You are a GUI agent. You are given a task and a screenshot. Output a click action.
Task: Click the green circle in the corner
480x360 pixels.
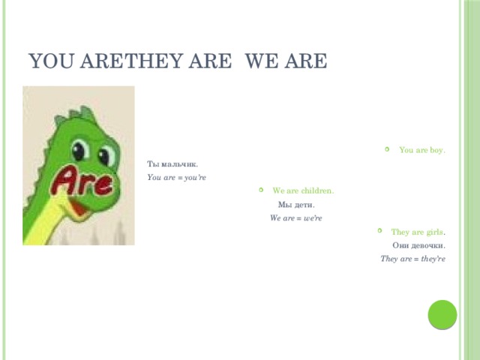click(442, 315)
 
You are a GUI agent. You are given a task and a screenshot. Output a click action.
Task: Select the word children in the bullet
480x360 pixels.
click(316, 190)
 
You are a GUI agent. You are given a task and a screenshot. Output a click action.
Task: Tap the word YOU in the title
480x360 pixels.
click(50, 60)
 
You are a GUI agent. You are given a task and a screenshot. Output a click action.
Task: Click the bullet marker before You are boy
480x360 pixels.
click(385, 149)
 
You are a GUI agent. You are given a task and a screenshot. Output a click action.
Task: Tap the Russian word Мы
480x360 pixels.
click(285, 205)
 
